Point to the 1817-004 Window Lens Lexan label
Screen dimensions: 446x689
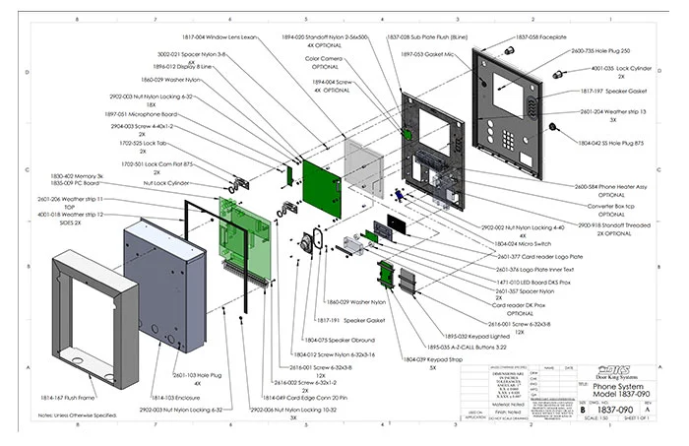tap(217, 36)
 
